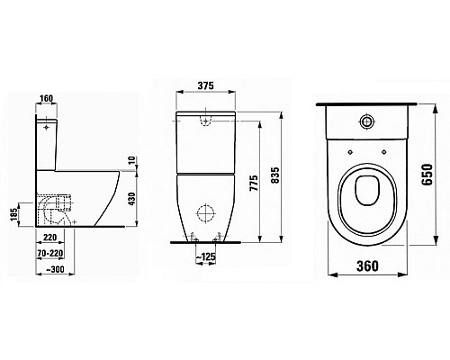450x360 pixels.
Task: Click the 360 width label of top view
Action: (364, 267)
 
